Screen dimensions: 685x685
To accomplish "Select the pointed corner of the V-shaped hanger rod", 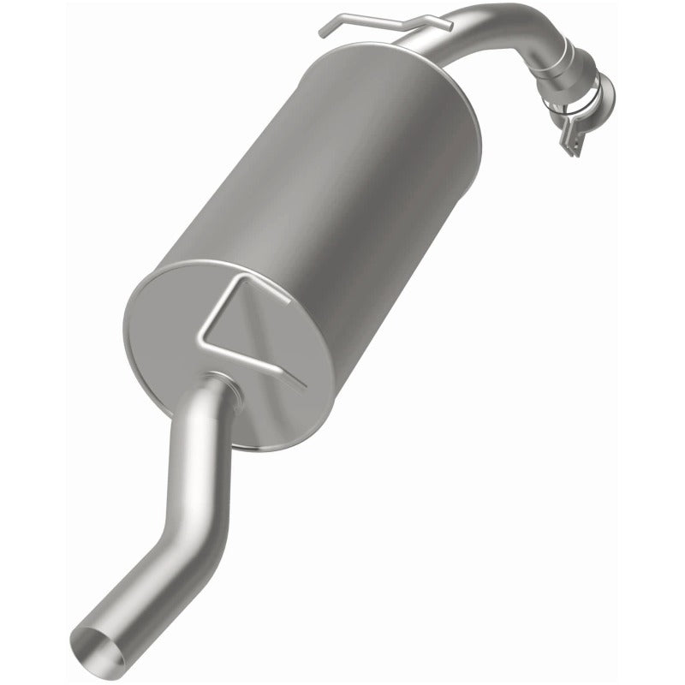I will pyautogui.click(x=200, y=345).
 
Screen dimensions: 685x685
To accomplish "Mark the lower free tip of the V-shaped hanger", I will pyautogui.click(x=300, y=384).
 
